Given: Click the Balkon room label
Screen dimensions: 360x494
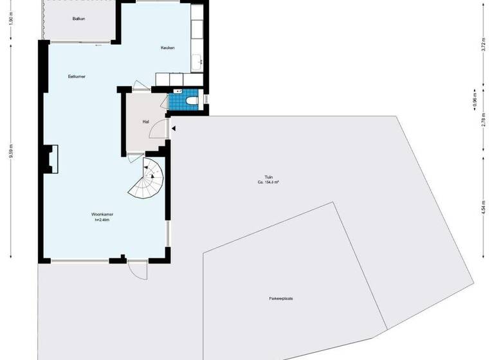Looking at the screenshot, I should (79, 19).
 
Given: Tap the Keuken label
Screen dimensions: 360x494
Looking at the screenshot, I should (168, 48).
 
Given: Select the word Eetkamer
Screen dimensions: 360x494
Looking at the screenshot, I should (77, 76).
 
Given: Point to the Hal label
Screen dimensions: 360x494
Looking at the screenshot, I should (146, 121).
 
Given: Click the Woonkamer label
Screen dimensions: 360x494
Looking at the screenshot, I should (102, 214).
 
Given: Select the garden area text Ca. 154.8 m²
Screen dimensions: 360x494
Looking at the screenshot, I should (268, 182).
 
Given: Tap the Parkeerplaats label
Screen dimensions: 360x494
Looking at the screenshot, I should (281, 299).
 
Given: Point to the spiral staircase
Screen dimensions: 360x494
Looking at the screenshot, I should (149, 179).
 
